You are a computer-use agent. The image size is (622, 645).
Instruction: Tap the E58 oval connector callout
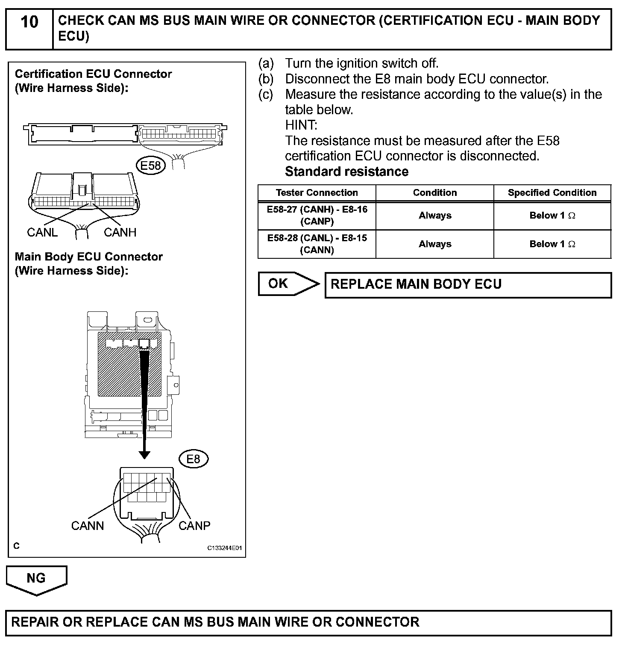151,166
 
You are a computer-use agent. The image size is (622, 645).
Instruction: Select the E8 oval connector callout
193,459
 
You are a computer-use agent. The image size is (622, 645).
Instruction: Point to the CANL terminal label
42,232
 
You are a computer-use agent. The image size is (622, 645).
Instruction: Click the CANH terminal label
120,232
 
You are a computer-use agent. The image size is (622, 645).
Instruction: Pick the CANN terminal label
88,525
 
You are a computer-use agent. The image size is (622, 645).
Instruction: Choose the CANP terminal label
194,525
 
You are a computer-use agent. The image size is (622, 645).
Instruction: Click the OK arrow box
287,284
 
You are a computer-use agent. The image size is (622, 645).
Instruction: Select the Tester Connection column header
317,193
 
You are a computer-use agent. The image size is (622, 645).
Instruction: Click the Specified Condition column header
552,193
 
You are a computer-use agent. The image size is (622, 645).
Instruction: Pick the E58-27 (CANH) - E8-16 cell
317,216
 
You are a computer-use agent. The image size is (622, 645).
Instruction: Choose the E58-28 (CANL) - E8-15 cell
317,244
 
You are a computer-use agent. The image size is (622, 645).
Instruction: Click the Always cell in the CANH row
434,216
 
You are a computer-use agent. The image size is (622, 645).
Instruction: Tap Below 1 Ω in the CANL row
552,244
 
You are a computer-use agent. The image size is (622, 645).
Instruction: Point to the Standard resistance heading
346,172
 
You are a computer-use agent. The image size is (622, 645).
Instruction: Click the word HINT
301,125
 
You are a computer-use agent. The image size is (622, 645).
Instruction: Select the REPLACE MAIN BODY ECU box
468,284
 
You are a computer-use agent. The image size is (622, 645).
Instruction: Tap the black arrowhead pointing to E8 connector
144,454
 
